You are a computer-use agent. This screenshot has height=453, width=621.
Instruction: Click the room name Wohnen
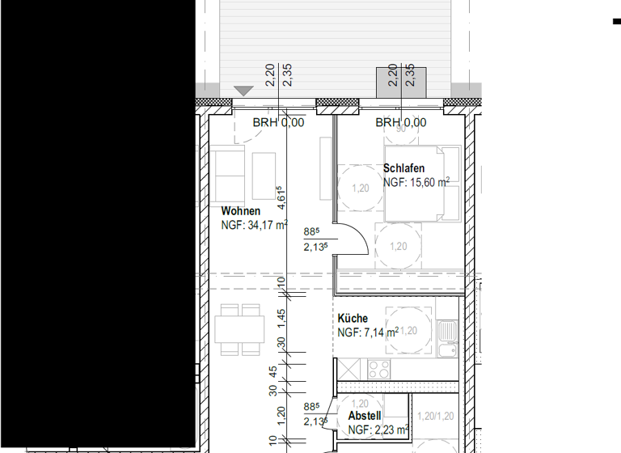click(x=240, y=211)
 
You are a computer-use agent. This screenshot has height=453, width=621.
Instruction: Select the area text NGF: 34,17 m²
click(x=254, y=226)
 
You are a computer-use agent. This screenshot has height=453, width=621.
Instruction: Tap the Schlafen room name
click(x=403, y=168)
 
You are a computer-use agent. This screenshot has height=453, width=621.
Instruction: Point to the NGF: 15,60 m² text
click(x=416, y=183)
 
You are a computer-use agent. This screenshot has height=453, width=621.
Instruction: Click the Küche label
click(x=353, y=319)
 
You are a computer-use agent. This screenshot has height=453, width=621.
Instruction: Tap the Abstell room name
click(x=364, y=416)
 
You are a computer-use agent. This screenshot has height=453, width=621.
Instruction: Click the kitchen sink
click(x=447, y=332)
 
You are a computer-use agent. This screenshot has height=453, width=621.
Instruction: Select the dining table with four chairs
click(x=240, y=329)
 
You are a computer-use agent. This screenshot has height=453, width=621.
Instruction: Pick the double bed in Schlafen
click(x=422, y=184)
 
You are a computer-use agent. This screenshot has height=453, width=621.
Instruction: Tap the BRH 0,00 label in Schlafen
click(x=400, y=123)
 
